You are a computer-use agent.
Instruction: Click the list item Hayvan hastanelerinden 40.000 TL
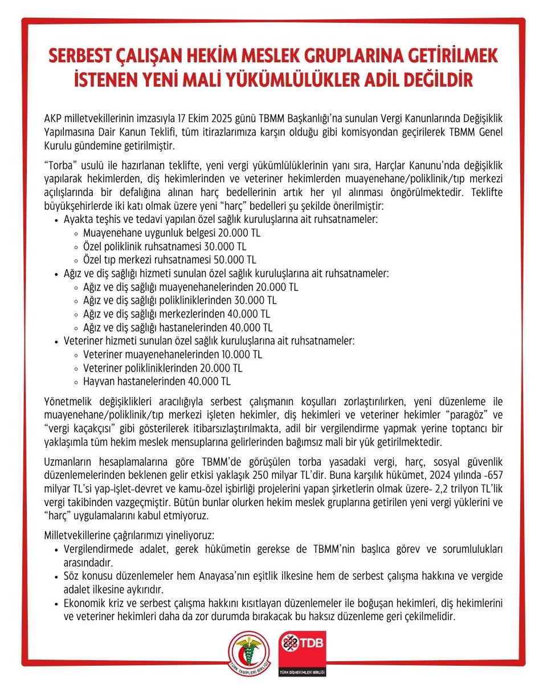[x=157, y=381]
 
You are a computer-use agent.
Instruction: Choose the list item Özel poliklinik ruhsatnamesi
[x=164, y=246]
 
